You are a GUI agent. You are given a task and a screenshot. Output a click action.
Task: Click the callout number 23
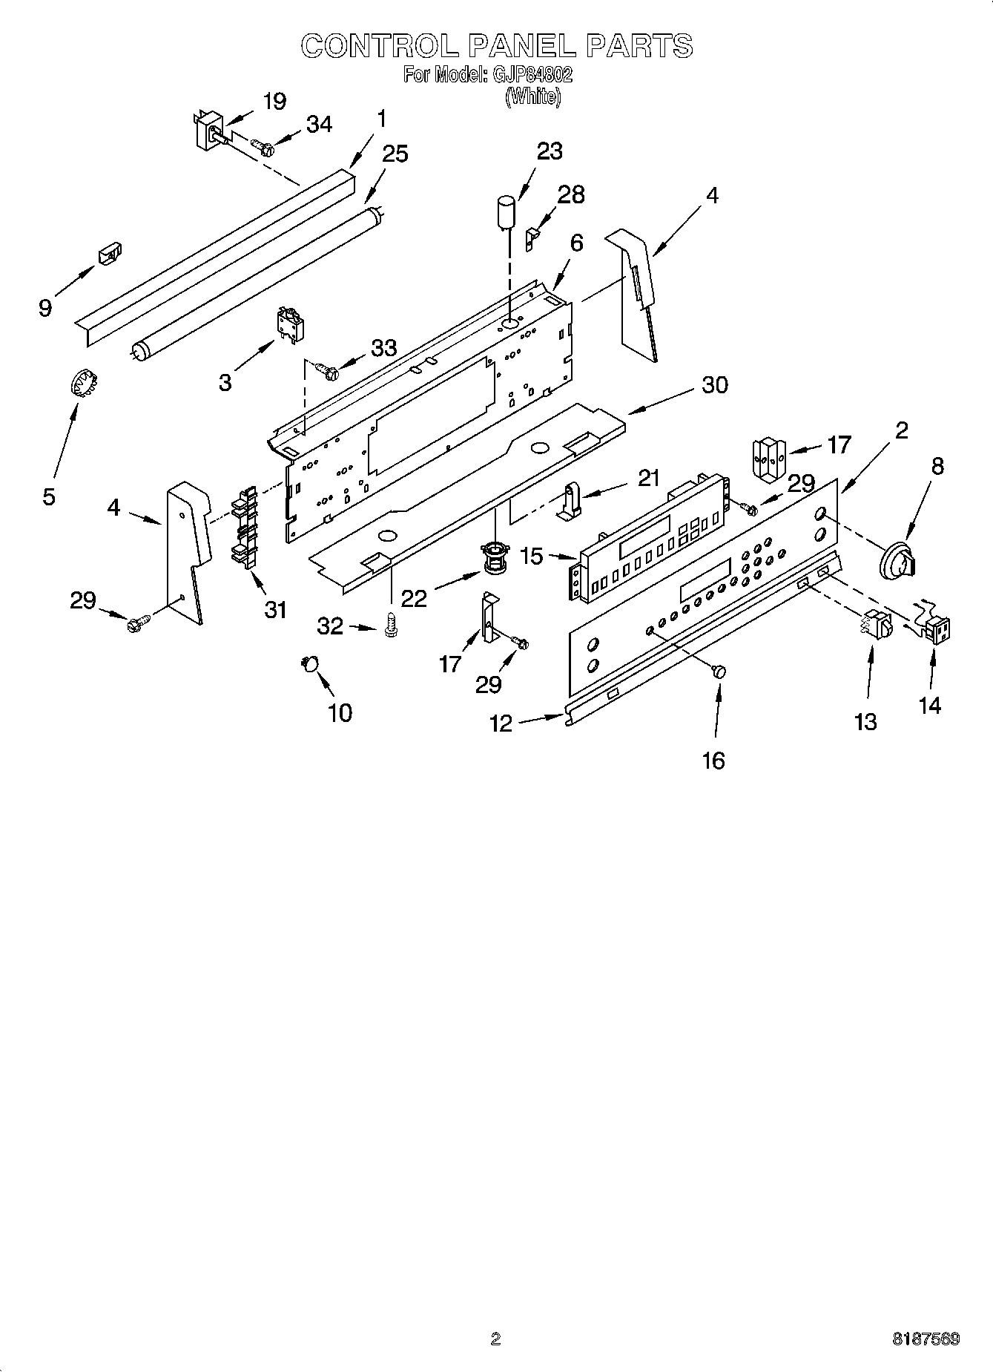550,151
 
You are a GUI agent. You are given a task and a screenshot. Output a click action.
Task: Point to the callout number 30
715,384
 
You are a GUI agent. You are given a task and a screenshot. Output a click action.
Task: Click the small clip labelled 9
110,253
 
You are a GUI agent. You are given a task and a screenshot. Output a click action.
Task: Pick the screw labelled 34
263,147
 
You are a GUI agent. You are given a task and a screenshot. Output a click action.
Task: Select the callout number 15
532,557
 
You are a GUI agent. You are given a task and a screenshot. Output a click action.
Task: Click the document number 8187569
926,1339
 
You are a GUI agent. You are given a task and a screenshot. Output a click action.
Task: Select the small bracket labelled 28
532,238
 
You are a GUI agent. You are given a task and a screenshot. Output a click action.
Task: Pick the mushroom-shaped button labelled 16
719,671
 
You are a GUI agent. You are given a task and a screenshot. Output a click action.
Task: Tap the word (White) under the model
532,96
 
